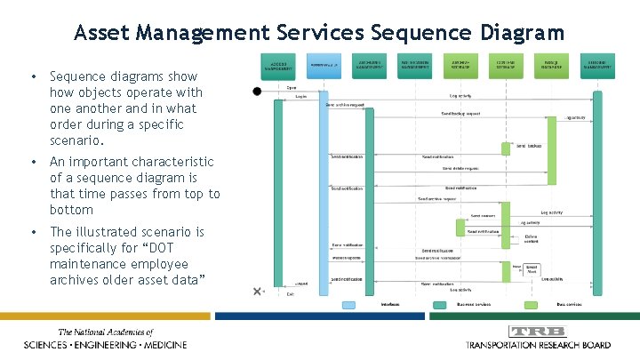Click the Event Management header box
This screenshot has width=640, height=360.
[x=597, y=64]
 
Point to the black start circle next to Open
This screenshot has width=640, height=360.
[x=258, y=91]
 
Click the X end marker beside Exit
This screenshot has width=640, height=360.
[x=258, y=291]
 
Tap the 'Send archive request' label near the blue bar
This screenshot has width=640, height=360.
[x=345, y=105]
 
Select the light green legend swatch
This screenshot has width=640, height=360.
[x=540, y=304]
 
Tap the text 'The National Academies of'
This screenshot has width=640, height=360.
[x=105, y=332]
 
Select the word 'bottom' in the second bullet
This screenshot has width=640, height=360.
[x=71, y=210]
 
